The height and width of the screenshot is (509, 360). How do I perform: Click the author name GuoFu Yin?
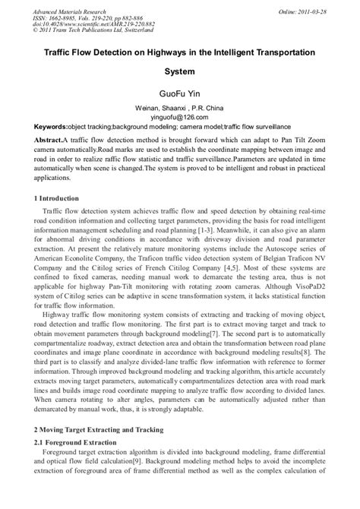179,97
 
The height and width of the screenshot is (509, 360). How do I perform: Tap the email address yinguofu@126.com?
180,118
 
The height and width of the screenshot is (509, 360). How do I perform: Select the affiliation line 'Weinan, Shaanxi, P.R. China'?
179,109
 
